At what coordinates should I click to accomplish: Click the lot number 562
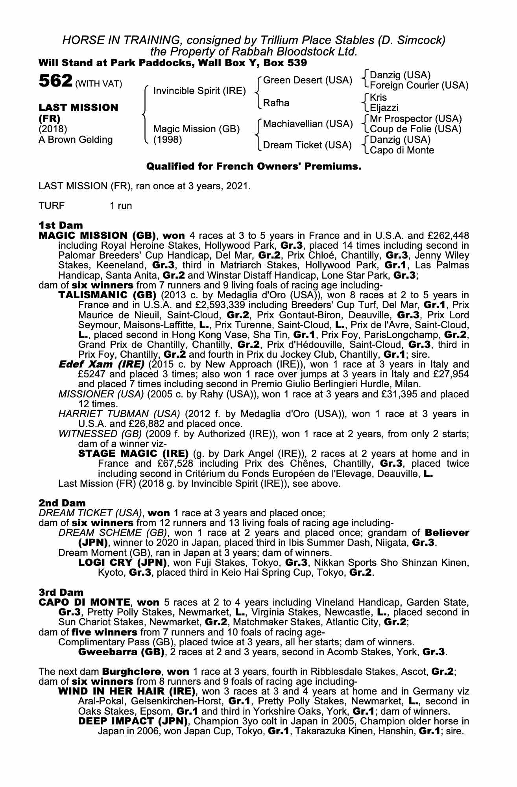coord(55,81)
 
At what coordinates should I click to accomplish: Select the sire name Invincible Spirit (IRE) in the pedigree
coord(199,91)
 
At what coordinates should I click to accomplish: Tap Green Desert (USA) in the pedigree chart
coord(307,80)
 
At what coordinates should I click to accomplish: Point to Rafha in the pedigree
coord(276,103)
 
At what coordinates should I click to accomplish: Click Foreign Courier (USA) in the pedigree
coord(419,85)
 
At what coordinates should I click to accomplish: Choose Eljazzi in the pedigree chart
coord(384,108)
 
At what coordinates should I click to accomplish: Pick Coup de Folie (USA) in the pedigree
coord(415,129)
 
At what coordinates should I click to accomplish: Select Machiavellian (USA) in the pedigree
coord(308,124)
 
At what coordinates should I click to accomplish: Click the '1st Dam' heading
coord(61,225)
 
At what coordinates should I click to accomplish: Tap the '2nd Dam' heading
coord(62,503)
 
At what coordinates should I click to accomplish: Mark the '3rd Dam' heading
coord(61,592)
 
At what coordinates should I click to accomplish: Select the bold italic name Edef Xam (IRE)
coord(102,364)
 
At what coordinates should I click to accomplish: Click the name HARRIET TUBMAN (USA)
coord(119,414)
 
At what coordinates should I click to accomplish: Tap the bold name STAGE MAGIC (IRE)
coord(133,454)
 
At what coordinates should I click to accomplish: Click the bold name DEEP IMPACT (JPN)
coord(133,721)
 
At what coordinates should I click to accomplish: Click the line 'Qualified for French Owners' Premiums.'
coord(253,166)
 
